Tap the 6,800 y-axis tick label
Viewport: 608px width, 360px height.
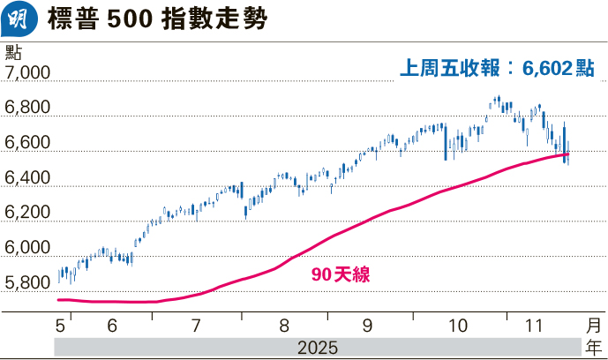(28, 108)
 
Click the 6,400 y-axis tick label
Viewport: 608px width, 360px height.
(28, 178)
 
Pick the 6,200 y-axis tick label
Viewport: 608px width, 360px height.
(28, 214)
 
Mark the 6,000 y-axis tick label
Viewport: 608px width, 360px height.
(28, 249)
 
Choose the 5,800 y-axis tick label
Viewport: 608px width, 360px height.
(28, 284)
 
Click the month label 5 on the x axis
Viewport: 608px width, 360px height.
(60, 324)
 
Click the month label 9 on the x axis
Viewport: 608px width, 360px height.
(366, 324)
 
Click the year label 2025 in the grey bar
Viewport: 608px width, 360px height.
(317, 345)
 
